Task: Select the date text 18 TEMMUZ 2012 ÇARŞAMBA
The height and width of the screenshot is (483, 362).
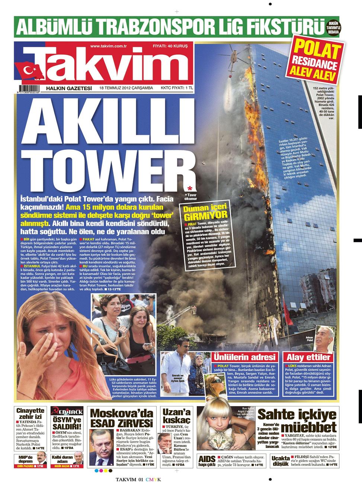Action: [x=126, y=88]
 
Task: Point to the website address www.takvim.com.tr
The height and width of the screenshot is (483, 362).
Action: [x=109, y=46]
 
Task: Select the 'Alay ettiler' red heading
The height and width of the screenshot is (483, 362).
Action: [x=308, y=357]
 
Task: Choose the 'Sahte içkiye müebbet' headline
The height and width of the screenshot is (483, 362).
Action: [x=297, y=420]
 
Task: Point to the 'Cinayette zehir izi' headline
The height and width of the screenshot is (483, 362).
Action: [x=31, y=413]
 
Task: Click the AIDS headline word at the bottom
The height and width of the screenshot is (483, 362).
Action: [x=207, y=459]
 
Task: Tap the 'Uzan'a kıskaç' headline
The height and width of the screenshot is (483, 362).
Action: [x=176, y=415]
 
